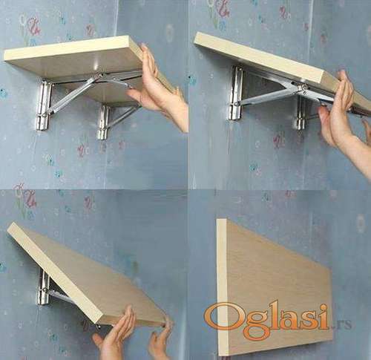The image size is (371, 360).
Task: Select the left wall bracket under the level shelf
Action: [x=44, y=105]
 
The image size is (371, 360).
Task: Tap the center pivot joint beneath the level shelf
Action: [x=99, y=76]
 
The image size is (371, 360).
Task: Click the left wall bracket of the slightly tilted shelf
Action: [x=236, y=93]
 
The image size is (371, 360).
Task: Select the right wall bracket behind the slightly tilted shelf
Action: [x=301, y=113]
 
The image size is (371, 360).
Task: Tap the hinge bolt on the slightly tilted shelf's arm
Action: [x=302, y=88]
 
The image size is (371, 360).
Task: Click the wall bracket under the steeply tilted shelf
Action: [x=44, y=287]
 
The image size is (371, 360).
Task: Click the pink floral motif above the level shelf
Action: [x=33, y=25]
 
